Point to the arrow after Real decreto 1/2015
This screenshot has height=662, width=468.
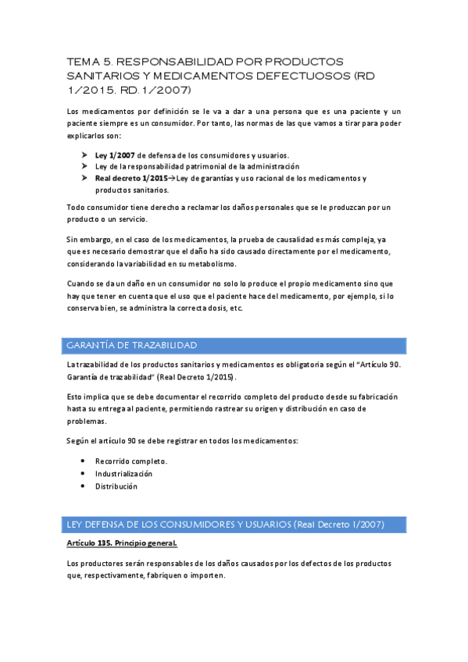[x=172, y=179]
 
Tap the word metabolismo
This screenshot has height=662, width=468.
[x=252, y=264]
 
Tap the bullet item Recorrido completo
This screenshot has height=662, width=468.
[x=131, y=461]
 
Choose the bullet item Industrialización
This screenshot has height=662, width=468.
[x=123, y=474]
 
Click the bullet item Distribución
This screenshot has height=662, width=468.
[x=116, y=486]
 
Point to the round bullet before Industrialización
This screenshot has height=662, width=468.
[x=83, y=474]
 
